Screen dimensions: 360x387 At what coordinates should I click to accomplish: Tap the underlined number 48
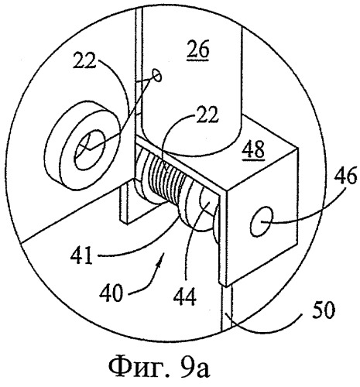click(254, 149)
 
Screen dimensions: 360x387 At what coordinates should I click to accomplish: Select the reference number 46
click(346, 176)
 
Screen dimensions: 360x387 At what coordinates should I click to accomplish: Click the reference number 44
click(185, 296)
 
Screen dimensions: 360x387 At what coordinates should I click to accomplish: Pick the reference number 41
click(82, 254)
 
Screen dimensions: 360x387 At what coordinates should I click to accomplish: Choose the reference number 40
click(111, 293)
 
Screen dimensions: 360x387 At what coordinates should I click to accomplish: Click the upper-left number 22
click(84, 60)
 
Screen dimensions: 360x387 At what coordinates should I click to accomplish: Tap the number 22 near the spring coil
click(207, 114)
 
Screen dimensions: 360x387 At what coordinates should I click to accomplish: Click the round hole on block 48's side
click(261, 221)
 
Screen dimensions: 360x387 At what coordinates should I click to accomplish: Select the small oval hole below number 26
click(157, 75)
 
